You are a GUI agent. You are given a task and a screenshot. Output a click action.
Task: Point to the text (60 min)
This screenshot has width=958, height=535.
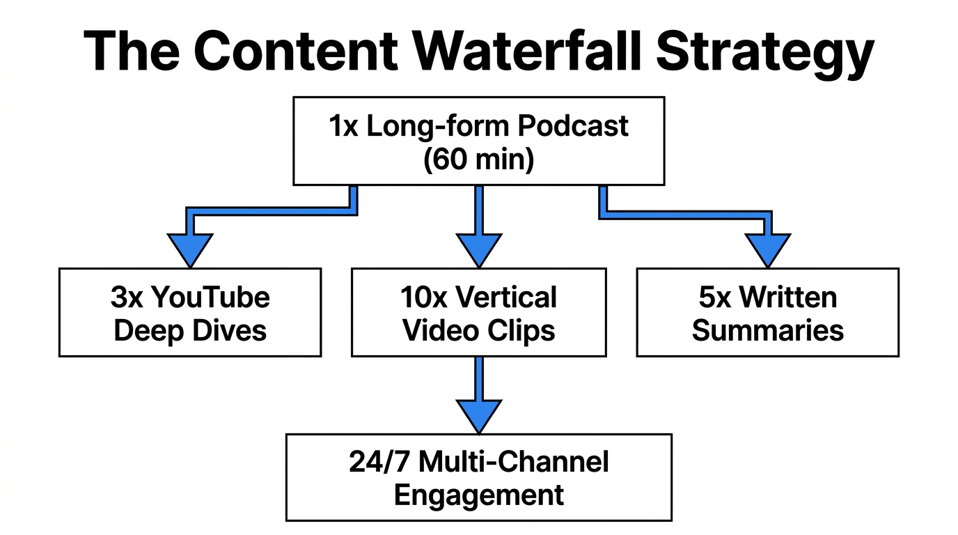click(478, 159)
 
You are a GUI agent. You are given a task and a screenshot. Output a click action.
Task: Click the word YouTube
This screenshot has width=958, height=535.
click(210, 297)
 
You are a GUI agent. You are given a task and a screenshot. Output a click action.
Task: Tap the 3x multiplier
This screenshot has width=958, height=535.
click(127, 297)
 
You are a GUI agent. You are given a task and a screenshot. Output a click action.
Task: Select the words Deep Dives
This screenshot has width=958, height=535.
click(190, 330)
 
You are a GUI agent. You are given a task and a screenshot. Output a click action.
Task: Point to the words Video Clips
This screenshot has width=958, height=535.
click(479, 330)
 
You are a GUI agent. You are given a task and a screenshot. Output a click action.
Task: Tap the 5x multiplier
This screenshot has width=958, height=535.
click(716, 297)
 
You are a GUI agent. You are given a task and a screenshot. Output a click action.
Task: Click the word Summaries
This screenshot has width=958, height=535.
click(768, 330)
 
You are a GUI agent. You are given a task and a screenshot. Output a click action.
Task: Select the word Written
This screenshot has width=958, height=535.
click(788, 297)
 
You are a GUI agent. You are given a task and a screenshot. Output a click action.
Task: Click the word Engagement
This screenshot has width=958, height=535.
click(479, 495)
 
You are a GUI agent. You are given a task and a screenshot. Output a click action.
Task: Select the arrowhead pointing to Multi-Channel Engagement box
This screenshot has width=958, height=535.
click(479, 415)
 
